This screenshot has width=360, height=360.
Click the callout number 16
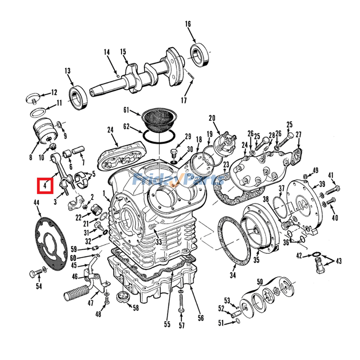188,24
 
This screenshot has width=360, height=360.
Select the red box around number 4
45,185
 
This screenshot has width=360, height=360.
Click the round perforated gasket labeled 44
50,243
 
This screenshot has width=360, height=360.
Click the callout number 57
181,325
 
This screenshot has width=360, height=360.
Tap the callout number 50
260,282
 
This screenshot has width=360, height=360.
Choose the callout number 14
107,53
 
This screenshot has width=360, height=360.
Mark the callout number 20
212,118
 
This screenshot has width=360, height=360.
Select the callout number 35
256,260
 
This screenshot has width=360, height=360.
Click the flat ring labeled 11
40,112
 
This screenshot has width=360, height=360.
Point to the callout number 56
201,318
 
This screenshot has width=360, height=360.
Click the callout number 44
36,203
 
